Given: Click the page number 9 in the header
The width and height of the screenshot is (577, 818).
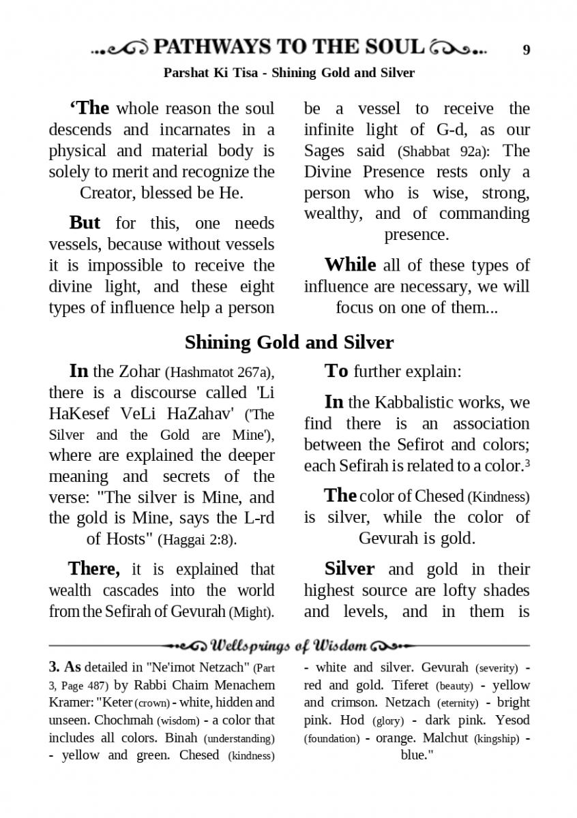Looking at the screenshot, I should point(526,50).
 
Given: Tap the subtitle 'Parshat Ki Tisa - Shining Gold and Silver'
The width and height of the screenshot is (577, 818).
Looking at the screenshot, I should point(288,72).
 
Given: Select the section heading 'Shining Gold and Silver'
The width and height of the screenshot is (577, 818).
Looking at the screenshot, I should point(288,342).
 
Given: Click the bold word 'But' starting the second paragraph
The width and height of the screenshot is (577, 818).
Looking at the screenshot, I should point(85,223).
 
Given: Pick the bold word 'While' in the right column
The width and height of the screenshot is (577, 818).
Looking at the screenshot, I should point(350,264).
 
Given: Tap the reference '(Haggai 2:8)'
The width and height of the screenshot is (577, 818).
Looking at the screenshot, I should point(197,540).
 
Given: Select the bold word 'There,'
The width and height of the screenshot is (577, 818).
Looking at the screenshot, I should point(94,569).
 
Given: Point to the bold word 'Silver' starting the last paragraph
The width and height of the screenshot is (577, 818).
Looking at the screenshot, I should point(349,569).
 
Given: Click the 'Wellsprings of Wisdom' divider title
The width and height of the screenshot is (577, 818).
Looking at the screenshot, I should point(289,645).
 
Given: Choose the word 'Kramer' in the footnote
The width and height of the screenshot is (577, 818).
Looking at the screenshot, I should point(71,702).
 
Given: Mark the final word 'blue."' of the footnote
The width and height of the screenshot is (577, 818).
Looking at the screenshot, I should point(417,755).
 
